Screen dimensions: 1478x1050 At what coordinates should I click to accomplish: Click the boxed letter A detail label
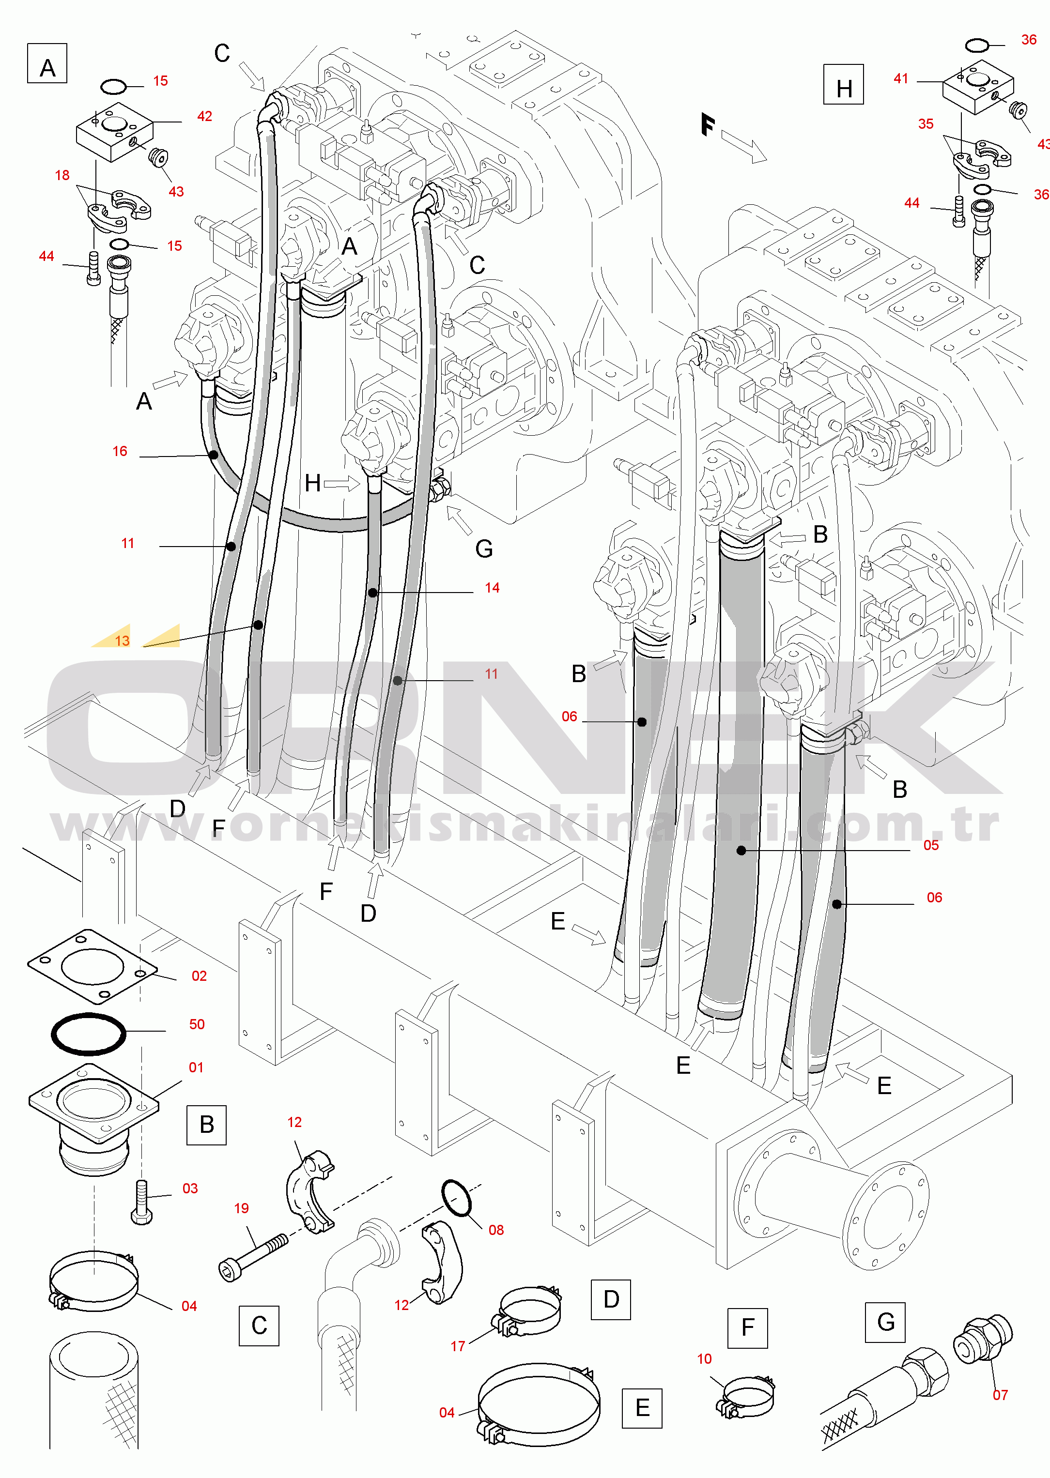pyautogui.click(x=47, y=64)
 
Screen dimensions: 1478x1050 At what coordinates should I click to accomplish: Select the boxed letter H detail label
pyautogui.click(x=844, y=85)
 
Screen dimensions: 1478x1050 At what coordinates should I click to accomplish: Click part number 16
pyautogui.click(x=120, y=452)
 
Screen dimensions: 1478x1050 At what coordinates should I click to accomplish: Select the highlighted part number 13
pyautogui.click(x=122, y=640)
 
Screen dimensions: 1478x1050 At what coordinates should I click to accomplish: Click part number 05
pyautogui.click(x=931, y=845)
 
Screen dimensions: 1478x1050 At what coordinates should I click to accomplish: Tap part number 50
pyautogui.click(x=197, y=1024)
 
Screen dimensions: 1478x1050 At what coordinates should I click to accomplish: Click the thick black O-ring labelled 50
pyautogui.click(x=89, y=1034)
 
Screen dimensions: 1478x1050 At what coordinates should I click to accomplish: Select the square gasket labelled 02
pyautogui.click(x=92, y=966)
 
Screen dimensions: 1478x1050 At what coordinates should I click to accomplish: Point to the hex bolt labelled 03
pyautogui.click(x=141, y=1202)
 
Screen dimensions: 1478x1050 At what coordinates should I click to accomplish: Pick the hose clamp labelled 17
pyautogui.click(x=529, y=1312)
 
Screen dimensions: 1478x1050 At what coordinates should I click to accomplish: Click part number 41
pyautogui.click(x=901, y=79)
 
